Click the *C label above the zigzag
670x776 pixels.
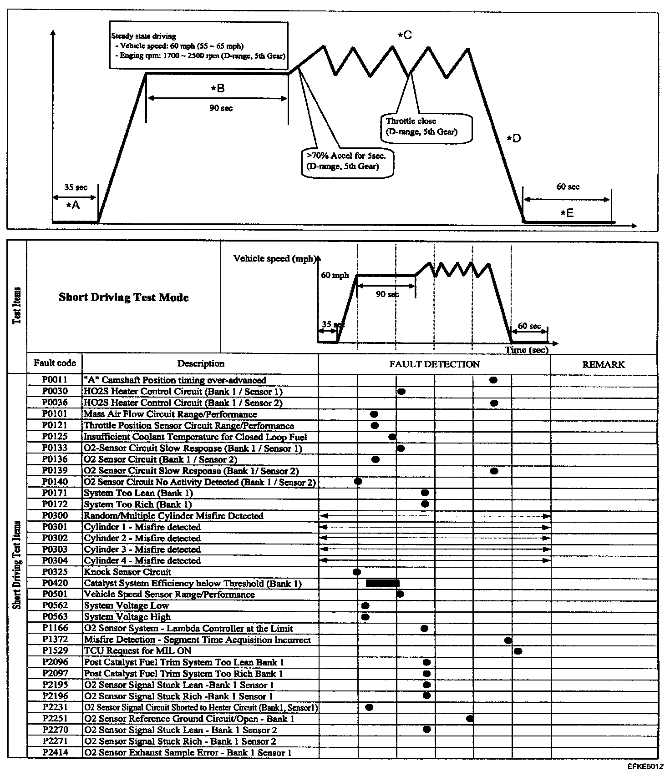[404, 35]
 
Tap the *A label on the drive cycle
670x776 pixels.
[73, 206]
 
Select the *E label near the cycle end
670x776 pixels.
[567, 212]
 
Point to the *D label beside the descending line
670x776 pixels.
[514, 138]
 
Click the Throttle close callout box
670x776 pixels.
[426, 127]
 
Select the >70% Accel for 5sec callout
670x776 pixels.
[346, 161]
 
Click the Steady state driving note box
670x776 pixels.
[199, 45]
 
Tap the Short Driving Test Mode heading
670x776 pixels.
[124, 297]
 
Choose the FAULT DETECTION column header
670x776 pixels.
[434, 364]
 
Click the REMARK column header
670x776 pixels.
[604, 364]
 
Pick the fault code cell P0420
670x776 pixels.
[55, 583]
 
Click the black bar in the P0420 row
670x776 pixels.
[382, 583]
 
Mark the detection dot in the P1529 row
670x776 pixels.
[518, 651]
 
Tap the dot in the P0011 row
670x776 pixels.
[493, 380]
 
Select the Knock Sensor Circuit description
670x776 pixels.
[128, 572]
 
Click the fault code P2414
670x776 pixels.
[55, 752]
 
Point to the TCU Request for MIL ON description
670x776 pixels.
[137, 651]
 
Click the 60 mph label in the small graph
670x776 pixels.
[335, 275]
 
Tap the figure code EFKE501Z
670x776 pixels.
[645, 766]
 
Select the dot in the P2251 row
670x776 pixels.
[470, 719]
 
